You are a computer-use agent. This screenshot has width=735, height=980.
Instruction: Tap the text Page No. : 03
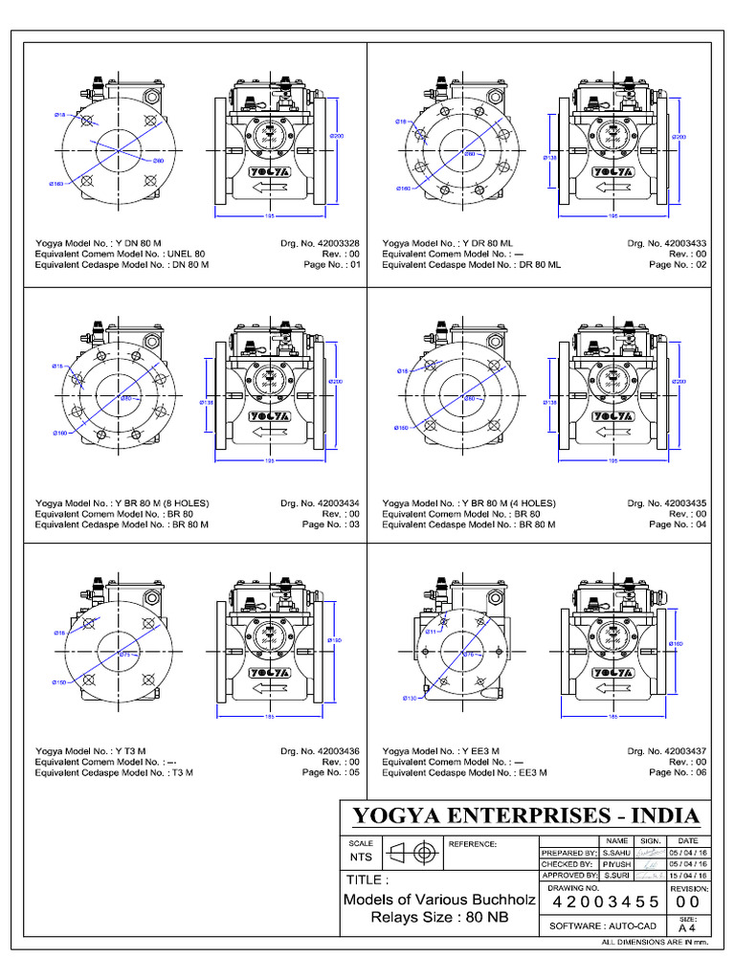331,524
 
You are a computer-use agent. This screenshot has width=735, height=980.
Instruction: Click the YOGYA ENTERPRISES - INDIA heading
526,815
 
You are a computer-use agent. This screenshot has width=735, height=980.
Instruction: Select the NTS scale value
360,857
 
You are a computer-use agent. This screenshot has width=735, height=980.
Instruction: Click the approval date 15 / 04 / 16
688,876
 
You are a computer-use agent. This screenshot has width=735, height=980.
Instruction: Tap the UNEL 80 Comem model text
186,255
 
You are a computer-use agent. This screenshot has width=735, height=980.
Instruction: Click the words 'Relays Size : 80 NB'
439,918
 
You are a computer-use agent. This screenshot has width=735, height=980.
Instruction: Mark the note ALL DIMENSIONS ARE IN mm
655,944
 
